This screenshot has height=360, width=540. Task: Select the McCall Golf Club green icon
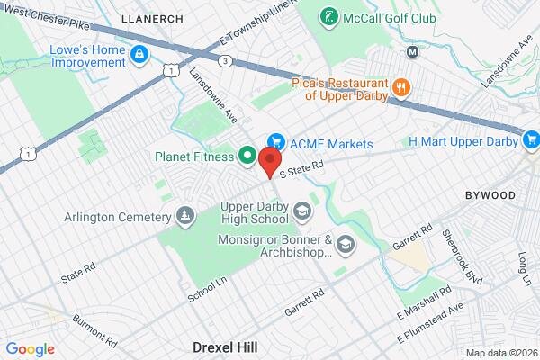pos(331,17)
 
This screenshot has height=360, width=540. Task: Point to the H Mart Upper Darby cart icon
pos(531,140)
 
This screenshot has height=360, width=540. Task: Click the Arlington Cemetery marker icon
pos(184,217)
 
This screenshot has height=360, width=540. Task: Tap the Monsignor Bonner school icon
pos(346,245)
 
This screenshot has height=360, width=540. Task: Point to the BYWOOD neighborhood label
pos(490,195)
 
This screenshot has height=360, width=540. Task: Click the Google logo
pos(30,349)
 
